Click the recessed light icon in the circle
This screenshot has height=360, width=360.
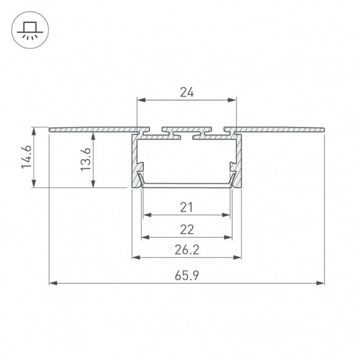coord(30,30)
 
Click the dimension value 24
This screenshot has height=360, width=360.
coord(187,92)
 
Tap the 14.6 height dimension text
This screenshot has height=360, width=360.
coord(27,157)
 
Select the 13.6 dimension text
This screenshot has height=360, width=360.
coord(86,159)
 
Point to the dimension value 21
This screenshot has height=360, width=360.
coord(186,207)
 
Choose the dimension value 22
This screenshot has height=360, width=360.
coord(187,230)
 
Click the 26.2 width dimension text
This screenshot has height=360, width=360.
coord(187,251)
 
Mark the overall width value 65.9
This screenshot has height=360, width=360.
coord(187,276)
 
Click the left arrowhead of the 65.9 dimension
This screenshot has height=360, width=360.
coord(53,283)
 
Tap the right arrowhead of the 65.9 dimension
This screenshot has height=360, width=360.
coord(320,283)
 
